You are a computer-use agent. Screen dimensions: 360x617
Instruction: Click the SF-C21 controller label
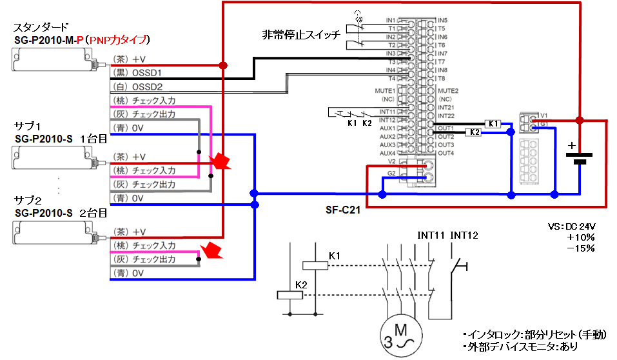(344, 211)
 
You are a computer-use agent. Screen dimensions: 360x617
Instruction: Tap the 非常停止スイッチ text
(300, 35)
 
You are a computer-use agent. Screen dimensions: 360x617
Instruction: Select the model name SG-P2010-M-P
(49, 40)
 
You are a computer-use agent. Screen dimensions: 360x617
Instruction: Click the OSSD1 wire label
(146, 72)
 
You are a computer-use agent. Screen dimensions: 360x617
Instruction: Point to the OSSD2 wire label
(146, 86)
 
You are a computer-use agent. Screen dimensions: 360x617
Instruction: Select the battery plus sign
(571, 146)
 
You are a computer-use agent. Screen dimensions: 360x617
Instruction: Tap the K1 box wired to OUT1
(492, 123)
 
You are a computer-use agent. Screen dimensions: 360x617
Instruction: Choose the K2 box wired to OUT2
(473, 132)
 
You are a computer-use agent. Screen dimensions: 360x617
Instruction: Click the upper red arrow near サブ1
(221, 161)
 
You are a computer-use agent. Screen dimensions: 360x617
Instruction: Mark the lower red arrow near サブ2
(211, 250)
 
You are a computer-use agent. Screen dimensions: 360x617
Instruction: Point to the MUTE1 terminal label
(385, 91)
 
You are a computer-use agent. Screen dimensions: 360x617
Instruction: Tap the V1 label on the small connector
(544, 114)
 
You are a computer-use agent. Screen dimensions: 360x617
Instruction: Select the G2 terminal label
(391, 174)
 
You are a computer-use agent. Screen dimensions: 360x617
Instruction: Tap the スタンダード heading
(41, 28)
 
